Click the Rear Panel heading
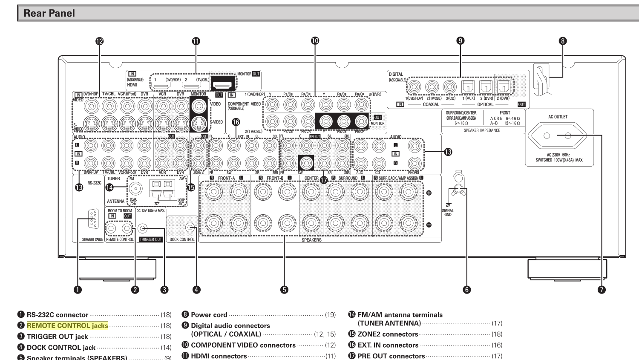point(49,13)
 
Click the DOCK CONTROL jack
point(190,228)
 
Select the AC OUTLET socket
point(558,136)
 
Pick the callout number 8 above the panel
point(563,41)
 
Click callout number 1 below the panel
point(78,290)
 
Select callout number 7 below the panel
point(602,290)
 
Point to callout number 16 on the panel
point(236,122)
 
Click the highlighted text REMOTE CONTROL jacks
point(67,326)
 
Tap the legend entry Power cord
point(209,315)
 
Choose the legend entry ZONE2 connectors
point(388,334)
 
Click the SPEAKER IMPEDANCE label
point(482,130)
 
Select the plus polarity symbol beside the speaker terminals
point(429,193)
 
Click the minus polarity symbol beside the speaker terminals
point(429,225)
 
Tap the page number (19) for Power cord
point(330,315)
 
